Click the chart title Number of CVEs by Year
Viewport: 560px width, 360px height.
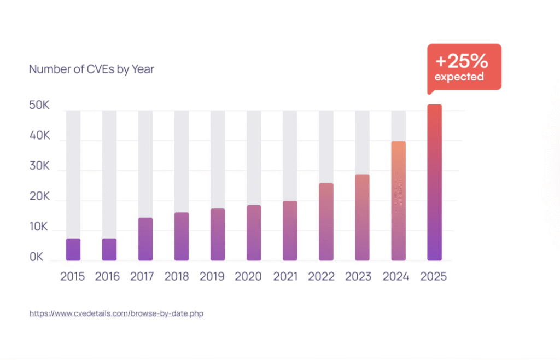(91, 69)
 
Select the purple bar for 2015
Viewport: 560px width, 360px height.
(73, 249)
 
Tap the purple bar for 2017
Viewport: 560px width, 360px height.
(145, 239)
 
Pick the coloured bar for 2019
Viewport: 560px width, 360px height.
(218, 235)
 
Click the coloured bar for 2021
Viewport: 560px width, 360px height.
(290, 230)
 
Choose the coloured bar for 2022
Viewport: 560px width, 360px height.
(326, 222)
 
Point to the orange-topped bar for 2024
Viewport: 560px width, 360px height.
(398, 201)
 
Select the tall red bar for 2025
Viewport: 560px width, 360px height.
(434, 182)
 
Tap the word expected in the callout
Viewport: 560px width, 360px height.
(459, 77)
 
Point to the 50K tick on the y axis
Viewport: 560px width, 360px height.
(39, 106)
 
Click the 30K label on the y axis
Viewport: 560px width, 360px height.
(39, 166)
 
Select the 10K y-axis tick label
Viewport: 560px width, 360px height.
(39, 227)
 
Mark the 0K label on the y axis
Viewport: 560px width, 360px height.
(37, 257)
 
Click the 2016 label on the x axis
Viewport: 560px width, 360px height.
(107, 276)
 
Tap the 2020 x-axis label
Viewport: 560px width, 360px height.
(248, 276)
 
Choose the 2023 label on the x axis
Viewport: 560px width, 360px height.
(359, 276)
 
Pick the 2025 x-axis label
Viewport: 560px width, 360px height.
(434, 276)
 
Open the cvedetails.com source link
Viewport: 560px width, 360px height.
(116, 314)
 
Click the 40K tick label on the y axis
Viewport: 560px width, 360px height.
(39, 136)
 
